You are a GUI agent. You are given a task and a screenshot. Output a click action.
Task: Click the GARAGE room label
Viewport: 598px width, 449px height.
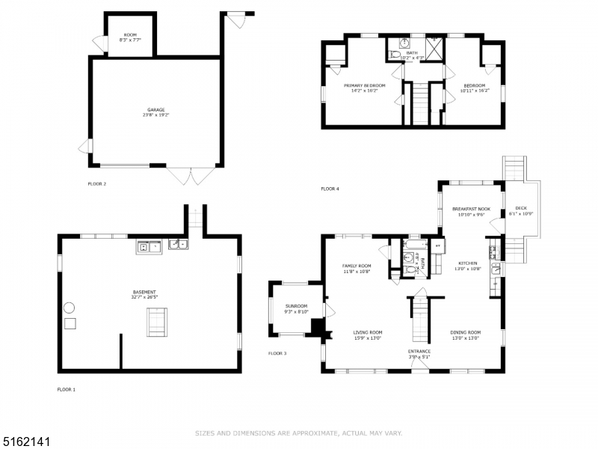[155, 109]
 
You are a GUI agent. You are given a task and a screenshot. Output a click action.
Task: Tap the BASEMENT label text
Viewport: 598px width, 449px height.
[145, 292]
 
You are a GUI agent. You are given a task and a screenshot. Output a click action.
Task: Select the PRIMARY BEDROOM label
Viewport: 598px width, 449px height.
[365, 85]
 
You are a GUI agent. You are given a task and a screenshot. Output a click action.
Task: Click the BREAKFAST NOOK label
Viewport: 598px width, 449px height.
[471, 209]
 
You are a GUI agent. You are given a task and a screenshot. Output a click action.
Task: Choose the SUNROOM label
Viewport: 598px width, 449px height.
[296, 306]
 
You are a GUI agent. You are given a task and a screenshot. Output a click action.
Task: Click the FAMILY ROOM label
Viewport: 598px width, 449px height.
[357, 266]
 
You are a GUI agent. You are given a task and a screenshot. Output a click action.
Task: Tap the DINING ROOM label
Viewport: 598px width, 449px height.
[465, 332]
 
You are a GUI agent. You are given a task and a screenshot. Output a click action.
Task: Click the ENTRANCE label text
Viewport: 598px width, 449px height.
[419, 351]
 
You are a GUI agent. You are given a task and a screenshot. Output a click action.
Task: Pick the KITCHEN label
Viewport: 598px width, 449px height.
[467, 263]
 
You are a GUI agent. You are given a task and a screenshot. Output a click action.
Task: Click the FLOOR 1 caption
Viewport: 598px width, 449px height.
[67, 389]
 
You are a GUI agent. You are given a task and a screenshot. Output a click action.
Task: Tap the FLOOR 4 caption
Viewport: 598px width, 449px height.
[330, 189]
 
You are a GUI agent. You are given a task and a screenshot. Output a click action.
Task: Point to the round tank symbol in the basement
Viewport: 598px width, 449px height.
[69, 308]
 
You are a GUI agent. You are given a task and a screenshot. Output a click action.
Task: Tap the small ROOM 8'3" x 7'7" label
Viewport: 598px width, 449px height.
[130, 36]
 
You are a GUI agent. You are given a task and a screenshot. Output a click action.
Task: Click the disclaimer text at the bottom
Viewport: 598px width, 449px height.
[299, 433]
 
